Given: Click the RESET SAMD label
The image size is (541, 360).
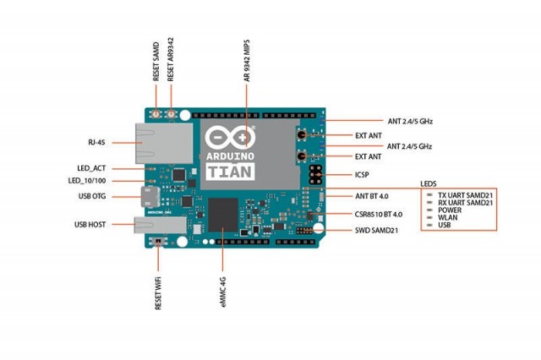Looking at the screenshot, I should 156,61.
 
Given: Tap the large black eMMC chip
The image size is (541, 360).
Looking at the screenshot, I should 224,215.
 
